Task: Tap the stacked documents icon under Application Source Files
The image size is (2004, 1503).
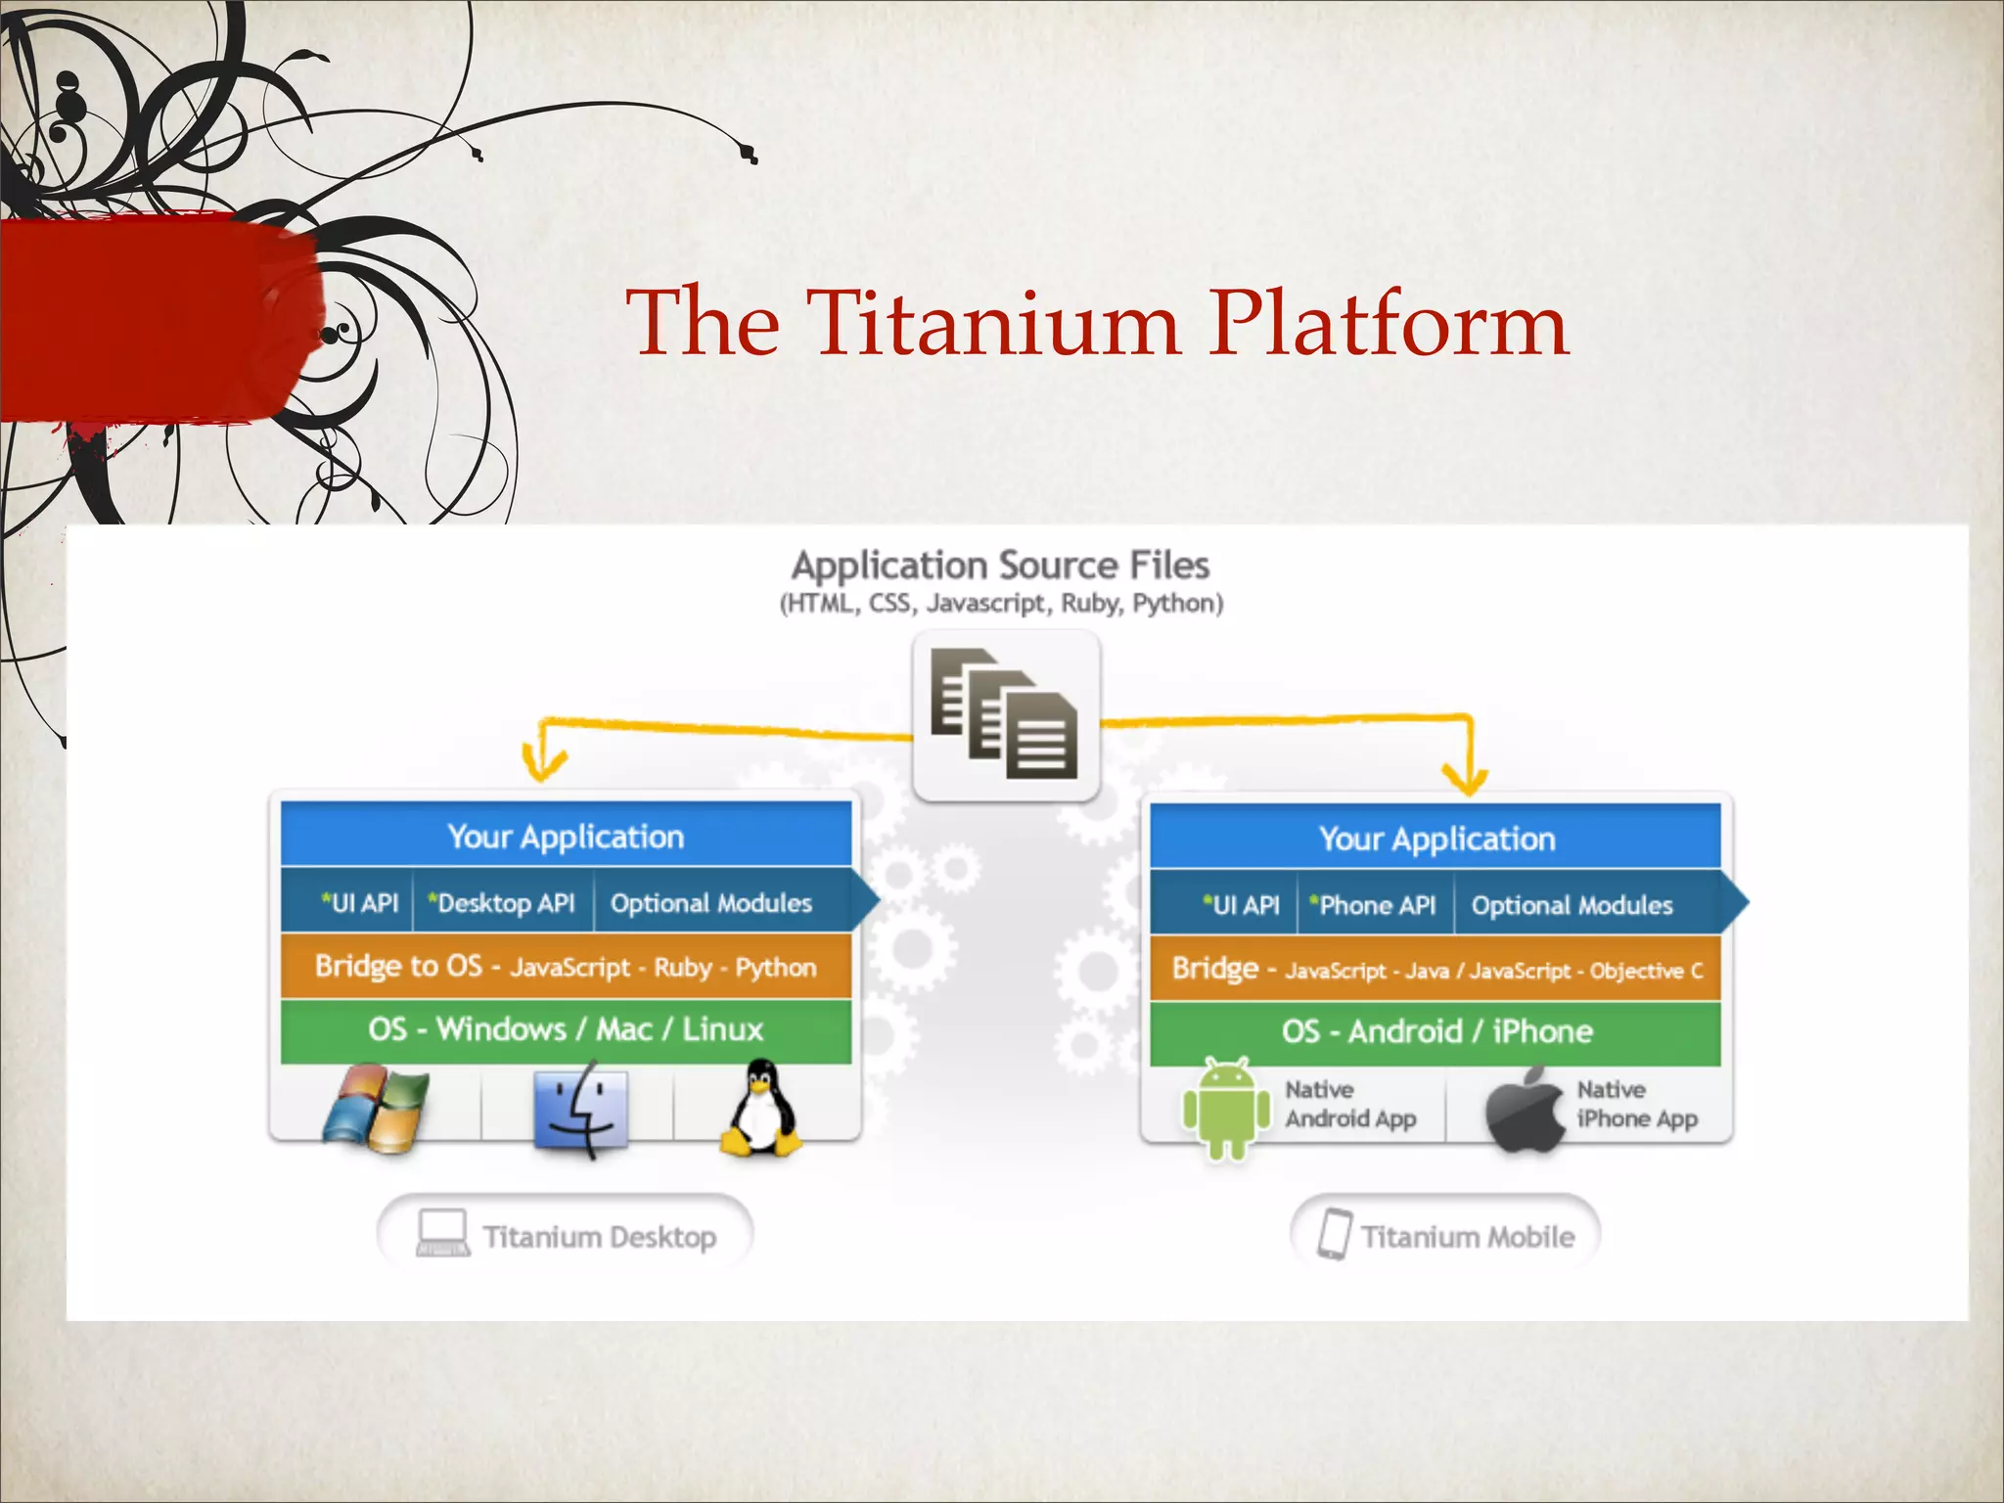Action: coord(1005,714)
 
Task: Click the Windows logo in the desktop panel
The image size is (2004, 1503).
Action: coord(377,1109)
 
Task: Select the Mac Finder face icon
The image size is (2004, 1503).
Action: coord(581,1109)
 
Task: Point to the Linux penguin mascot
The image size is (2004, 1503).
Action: coord(761,1109)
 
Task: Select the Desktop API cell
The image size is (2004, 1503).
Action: coord(503,902)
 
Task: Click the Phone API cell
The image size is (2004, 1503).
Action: coord(1375,905)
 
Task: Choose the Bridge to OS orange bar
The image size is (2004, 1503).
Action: coord(566,967)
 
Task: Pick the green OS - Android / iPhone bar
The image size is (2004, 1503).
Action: coord(1435,1031)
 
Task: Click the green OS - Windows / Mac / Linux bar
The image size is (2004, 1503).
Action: coord(566,1029)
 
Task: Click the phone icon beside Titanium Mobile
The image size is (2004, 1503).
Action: coord(1334,1234)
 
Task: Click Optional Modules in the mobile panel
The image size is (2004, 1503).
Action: coord(1571,905)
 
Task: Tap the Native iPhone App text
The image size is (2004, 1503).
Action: coord(1636,1105)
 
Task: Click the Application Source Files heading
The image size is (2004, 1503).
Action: coord(1000,566)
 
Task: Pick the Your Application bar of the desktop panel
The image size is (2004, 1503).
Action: coord(566,836)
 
